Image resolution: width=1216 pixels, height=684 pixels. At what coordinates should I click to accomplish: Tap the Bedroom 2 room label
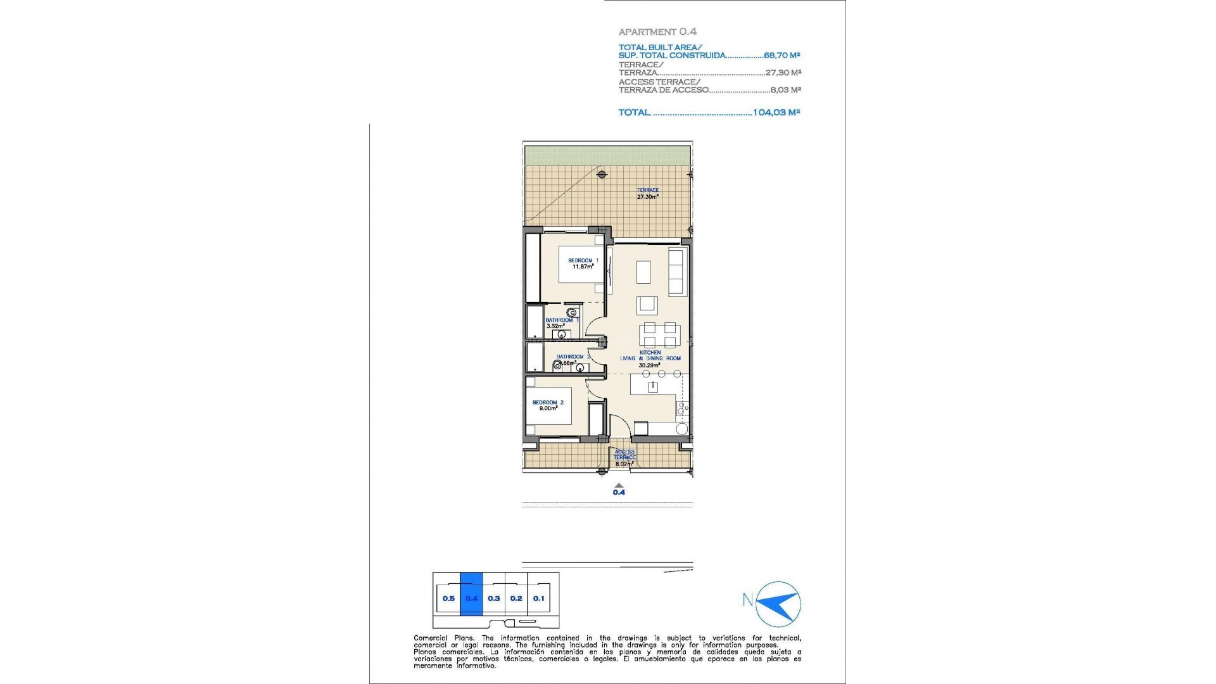pos(548,403)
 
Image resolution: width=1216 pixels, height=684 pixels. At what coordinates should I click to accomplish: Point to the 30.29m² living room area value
pos(650,365)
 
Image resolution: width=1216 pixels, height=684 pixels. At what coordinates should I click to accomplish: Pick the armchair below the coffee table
pos(647,305)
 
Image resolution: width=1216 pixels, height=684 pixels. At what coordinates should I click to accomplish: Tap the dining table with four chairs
pos(660,334)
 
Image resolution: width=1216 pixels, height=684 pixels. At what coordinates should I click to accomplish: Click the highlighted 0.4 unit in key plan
pos(471,598)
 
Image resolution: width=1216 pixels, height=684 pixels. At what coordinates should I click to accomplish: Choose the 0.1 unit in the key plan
pos(538,598)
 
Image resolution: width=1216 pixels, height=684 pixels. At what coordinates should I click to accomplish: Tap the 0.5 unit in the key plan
pos(448,598)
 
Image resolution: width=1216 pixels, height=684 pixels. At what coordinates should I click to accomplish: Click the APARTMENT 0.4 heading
pos(657,31)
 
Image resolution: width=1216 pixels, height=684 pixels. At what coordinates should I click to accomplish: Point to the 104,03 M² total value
pos(776,112)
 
